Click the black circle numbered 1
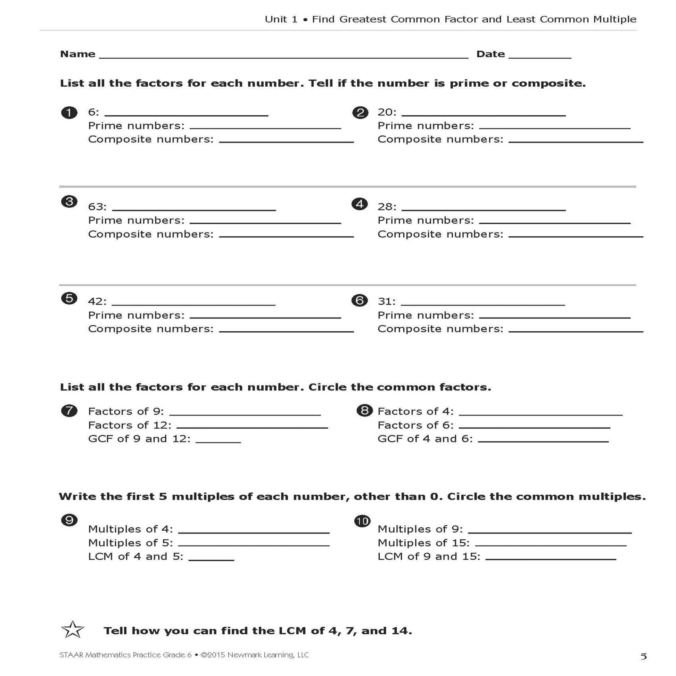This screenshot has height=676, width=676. (x=69, y=113)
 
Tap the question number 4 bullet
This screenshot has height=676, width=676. (x=360, y=204)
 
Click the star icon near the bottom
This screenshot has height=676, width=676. (x=72, y=630)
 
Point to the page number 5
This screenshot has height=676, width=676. (x=643, y=657)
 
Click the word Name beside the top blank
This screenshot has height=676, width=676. (x=78, y=54)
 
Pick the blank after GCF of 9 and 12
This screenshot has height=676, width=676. (x=219, y=442)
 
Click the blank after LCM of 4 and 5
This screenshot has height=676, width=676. (x=211, y=559)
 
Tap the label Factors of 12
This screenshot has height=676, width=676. (x=130, y=425)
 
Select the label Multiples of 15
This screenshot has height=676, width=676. (x=423, y=543)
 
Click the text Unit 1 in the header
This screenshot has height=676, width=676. (x=281, y=19)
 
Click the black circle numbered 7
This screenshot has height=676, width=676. (x=69, y=411)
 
